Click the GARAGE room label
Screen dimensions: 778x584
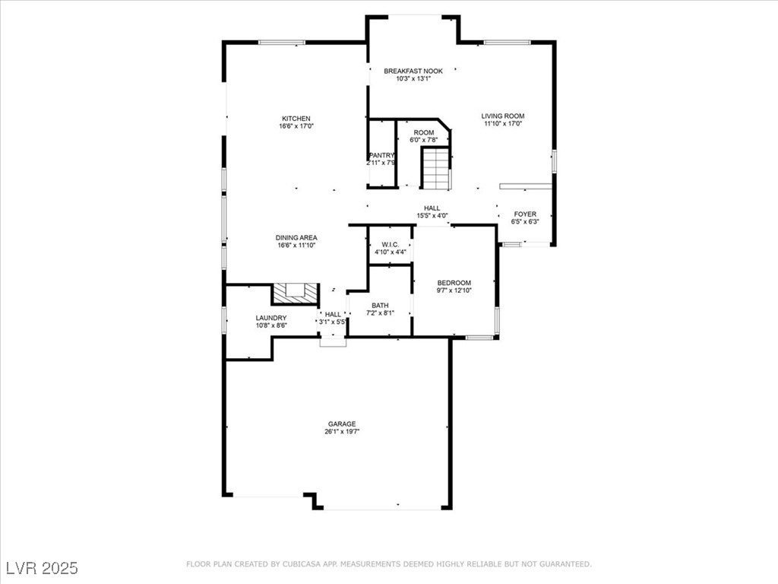click(342, 424)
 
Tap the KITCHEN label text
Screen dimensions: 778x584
click(296, 119)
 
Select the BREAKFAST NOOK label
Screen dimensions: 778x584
click(413, 71)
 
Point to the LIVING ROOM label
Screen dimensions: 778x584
click(503, 116)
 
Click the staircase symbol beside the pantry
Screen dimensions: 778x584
click(436, 168)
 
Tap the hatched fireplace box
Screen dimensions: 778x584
click(296, 293)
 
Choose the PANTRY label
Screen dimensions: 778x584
click(381, 155)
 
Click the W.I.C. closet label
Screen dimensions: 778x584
click(391, 245)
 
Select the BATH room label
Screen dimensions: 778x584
click(380, 306)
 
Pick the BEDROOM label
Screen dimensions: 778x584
click(454, 283)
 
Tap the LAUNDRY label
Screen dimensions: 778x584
click(271, 318)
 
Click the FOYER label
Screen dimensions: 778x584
click(525, 214)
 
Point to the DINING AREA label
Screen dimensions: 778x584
click(296, 238)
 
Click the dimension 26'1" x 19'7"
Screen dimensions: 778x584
click(342, 432)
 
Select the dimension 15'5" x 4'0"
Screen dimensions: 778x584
click(432, 215)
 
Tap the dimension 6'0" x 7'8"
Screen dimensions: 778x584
click(424, 140)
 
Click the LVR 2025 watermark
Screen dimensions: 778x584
click(42, 567)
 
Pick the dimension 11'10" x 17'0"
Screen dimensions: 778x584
click(503, 124)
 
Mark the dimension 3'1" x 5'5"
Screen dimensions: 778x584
click(333, 322)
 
